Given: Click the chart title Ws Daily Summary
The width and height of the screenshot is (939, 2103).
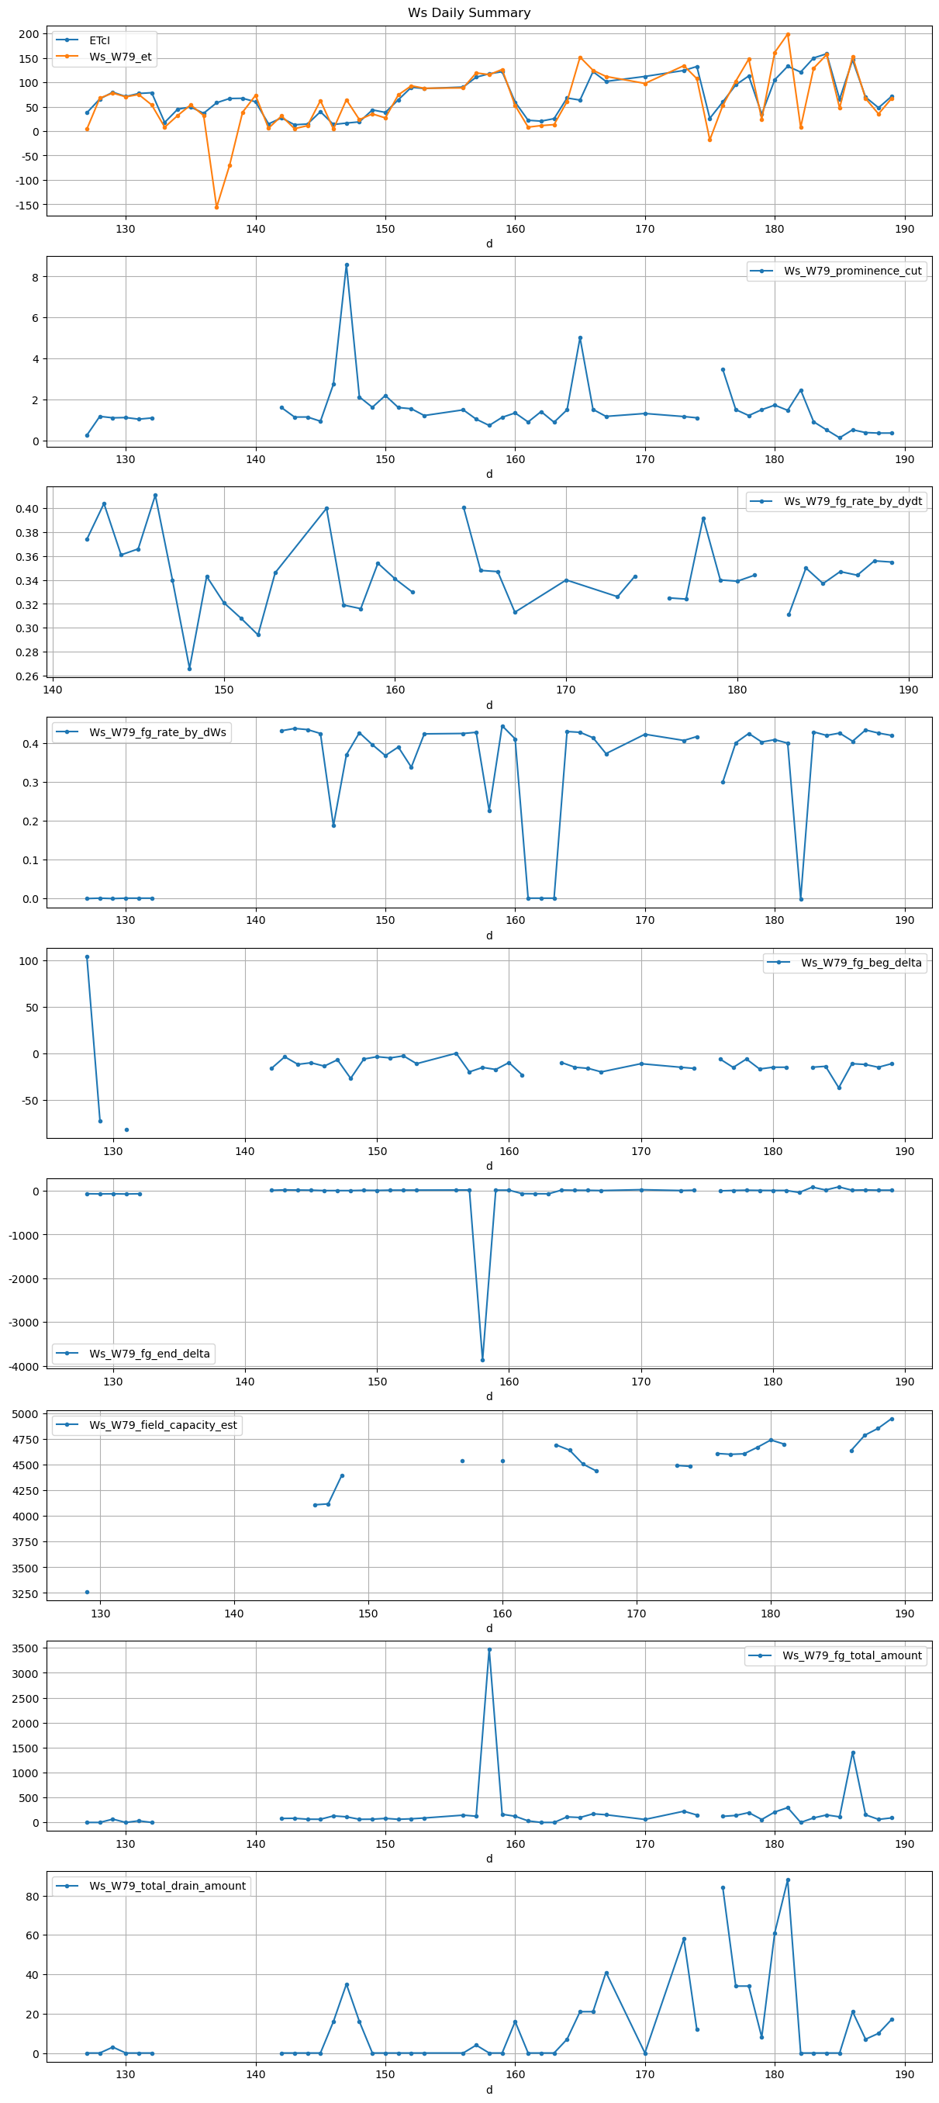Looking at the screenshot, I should pos(469,13).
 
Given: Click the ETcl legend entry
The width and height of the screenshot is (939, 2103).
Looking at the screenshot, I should pos(98,40).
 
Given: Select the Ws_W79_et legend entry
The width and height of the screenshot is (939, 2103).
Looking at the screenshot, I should pos(119,57).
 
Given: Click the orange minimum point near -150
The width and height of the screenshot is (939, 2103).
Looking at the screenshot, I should pos(216,206).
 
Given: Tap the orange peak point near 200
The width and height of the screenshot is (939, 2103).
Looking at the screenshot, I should pos(787,34).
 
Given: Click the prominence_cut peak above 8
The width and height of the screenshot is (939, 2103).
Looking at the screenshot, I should pos(347,265).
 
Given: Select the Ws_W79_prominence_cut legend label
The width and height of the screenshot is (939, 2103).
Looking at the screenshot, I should pos(851,271).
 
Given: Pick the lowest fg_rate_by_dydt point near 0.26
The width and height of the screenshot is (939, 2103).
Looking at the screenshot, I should pos(189,669).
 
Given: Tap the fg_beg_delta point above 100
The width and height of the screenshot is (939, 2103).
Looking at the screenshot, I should pos(88,956).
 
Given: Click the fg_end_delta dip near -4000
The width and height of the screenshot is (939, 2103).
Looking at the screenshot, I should pos(482,1360).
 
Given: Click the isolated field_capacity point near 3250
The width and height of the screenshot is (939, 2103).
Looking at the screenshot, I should pos(88,1592).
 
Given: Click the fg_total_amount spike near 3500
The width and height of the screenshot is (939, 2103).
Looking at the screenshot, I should pos(489,1649).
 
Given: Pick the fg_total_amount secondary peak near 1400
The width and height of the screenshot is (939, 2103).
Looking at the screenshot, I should pos(852,1753).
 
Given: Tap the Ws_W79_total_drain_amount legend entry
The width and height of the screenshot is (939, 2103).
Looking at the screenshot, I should pos(167,1886).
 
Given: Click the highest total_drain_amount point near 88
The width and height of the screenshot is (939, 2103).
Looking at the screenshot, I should pos(787,1880).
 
